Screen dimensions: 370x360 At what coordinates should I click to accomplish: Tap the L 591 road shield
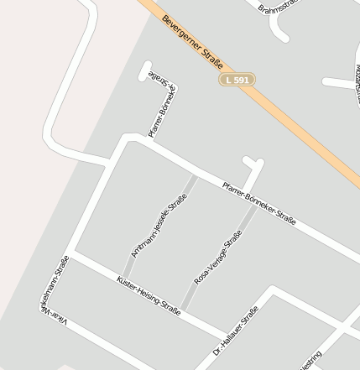point(237,79)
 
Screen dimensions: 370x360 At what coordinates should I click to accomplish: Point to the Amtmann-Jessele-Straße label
point(159,226)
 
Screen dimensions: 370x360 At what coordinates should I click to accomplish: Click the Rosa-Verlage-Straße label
point(218,256)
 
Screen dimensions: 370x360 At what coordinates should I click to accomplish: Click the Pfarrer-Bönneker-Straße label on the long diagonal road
point(259,202)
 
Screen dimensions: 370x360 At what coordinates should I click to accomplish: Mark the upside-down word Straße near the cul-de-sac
point(160,76)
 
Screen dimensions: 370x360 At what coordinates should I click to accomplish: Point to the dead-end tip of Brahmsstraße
point(283,37)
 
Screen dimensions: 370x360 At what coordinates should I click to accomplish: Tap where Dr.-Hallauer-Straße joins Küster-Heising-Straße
point(225,329)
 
